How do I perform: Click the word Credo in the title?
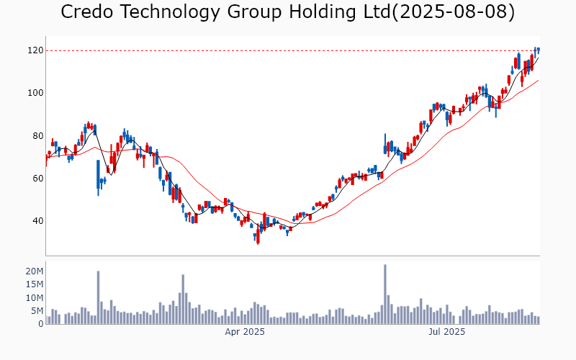[86, 12]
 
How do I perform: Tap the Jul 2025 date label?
[447, 332]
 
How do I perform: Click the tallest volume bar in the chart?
[385, 294]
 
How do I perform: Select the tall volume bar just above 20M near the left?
[98, 297]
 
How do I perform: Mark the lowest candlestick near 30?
[258, 238]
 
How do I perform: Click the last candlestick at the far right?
[539, 50]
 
